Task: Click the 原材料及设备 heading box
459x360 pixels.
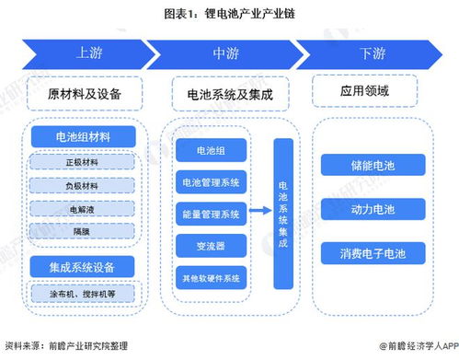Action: pyautogui.click(x=86, y=94)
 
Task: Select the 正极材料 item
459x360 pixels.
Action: pyautogui.click(x=84, y=162)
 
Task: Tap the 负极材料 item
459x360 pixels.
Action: pyautogui.click(x=84, y=184)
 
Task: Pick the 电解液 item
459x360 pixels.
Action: pyautogui.click(x=84, y=207)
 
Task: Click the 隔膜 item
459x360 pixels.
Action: pyautogui.click(x=84, y=229)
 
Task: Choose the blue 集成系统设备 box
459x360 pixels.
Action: pyautogui.click(x=84, y=265)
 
